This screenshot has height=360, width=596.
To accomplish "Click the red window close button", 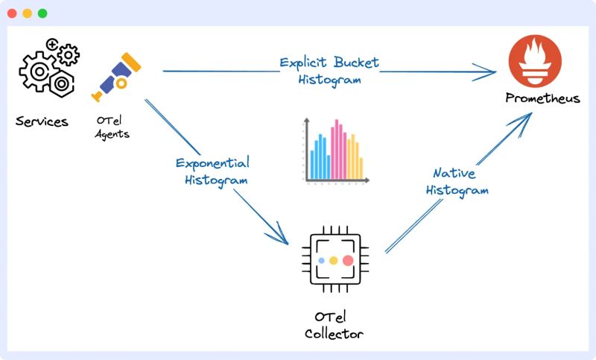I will coord(12,13).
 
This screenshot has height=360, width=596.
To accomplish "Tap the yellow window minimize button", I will coord(27,13).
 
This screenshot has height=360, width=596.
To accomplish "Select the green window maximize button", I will coord(42,13).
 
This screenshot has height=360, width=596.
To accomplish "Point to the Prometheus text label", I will coord(542,98).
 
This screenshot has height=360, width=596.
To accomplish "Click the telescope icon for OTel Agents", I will coord(115,77).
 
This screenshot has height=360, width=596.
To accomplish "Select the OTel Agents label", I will coord(112,128).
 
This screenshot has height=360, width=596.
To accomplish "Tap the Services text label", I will coord(42,121).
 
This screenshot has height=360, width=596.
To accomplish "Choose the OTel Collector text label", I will coord(334,326).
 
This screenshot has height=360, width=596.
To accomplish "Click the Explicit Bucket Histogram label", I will coord(329,70).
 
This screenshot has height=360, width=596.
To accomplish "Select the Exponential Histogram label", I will coord(212,171).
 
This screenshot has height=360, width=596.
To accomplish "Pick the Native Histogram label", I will coord(457,182).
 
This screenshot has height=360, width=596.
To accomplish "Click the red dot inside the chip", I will coord(348,260).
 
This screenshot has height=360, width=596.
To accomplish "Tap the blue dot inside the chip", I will coord(321,260).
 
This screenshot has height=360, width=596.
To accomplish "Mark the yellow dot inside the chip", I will coord(334,260).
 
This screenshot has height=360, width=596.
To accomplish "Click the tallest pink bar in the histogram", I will coord(336,149).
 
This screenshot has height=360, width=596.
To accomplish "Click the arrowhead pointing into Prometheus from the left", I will coord(489,72).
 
